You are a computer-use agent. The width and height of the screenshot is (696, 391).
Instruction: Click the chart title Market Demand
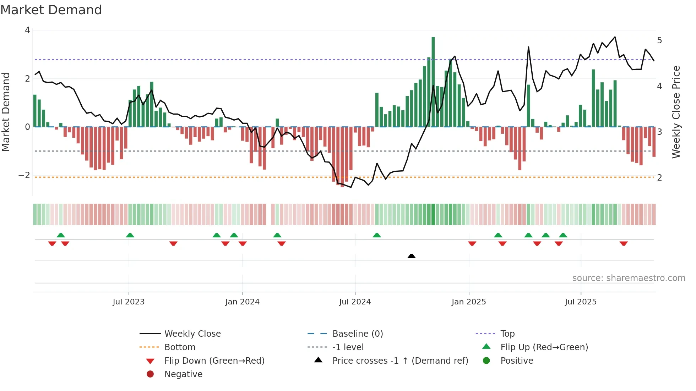point(51,10)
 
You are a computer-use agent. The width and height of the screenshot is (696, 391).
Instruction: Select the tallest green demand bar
point(433,82)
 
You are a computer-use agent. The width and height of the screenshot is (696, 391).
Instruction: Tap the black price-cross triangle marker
point(411,256)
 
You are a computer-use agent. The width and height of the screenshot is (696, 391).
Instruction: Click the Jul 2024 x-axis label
point(355,302)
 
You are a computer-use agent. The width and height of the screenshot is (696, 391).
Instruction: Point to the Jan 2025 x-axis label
point(468,302)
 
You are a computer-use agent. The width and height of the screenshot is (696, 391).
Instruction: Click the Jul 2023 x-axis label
point(129,302)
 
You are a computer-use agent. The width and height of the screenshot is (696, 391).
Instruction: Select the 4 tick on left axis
point(27,30)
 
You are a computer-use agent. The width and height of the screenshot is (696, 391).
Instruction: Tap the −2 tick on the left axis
point(24,175)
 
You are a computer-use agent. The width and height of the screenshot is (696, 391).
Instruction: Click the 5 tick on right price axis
point(659,40)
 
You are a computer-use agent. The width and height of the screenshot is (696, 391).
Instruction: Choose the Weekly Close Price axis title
point(676,112)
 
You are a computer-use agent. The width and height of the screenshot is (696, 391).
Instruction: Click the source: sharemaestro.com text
point(629,278)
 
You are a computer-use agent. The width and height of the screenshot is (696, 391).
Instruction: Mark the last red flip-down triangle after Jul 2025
point(624,243)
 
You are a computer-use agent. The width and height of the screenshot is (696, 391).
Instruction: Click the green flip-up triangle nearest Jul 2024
point(377,235)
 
